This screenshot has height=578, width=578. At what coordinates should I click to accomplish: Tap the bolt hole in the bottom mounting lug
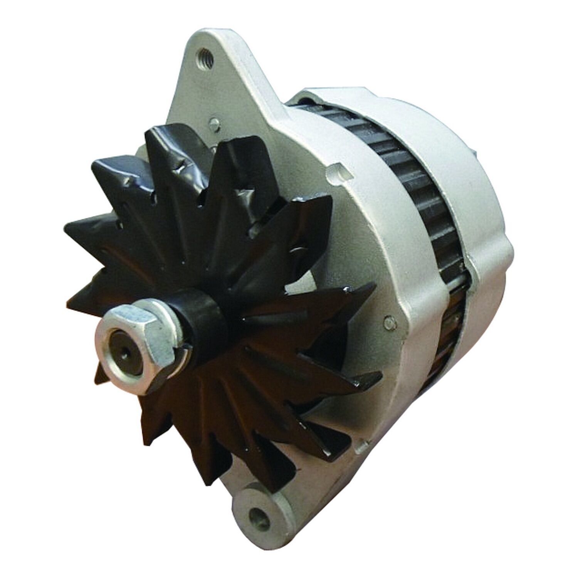255,513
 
